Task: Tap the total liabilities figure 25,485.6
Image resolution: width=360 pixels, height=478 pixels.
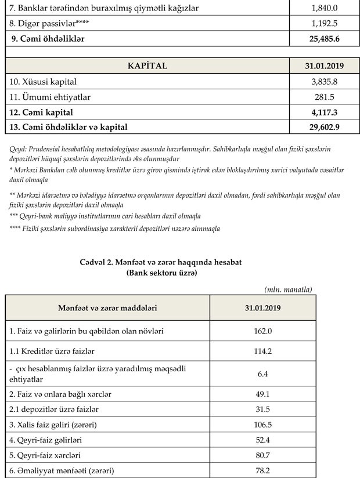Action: coord(325,39)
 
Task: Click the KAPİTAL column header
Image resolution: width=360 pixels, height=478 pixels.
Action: coord(147,66)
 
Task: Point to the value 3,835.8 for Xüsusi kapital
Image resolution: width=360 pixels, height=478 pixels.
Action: coord(325,82)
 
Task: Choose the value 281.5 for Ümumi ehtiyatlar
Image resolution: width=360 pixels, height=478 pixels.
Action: coord(325,96)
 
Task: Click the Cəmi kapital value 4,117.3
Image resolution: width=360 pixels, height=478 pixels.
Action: coord(325,111)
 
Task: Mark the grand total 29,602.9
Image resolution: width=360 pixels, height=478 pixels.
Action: coord(325,126)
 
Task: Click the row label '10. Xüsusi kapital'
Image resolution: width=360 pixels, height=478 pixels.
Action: coord(43,82)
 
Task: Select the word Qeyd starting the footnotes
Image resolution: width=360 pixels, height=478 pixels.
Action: coord(18,149)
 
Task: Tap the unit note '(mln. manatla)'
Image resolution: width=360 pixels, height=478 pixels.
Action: coord(289,289)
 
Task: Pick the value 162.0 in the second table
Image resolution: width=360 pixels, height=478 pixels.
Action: coord(262,331)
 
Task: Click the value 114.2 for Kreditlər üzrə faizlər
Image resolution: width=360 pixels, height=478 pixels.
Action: coord(262,352)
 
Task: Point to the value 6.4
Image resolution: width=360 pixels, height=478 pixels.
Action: coord(262,374)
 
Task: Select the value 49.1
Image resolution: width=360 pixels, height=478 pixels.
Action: coord(262,394)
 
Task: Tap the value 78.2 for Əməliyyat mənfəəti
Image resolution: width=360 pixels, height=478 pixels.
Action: coord(262,470)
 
